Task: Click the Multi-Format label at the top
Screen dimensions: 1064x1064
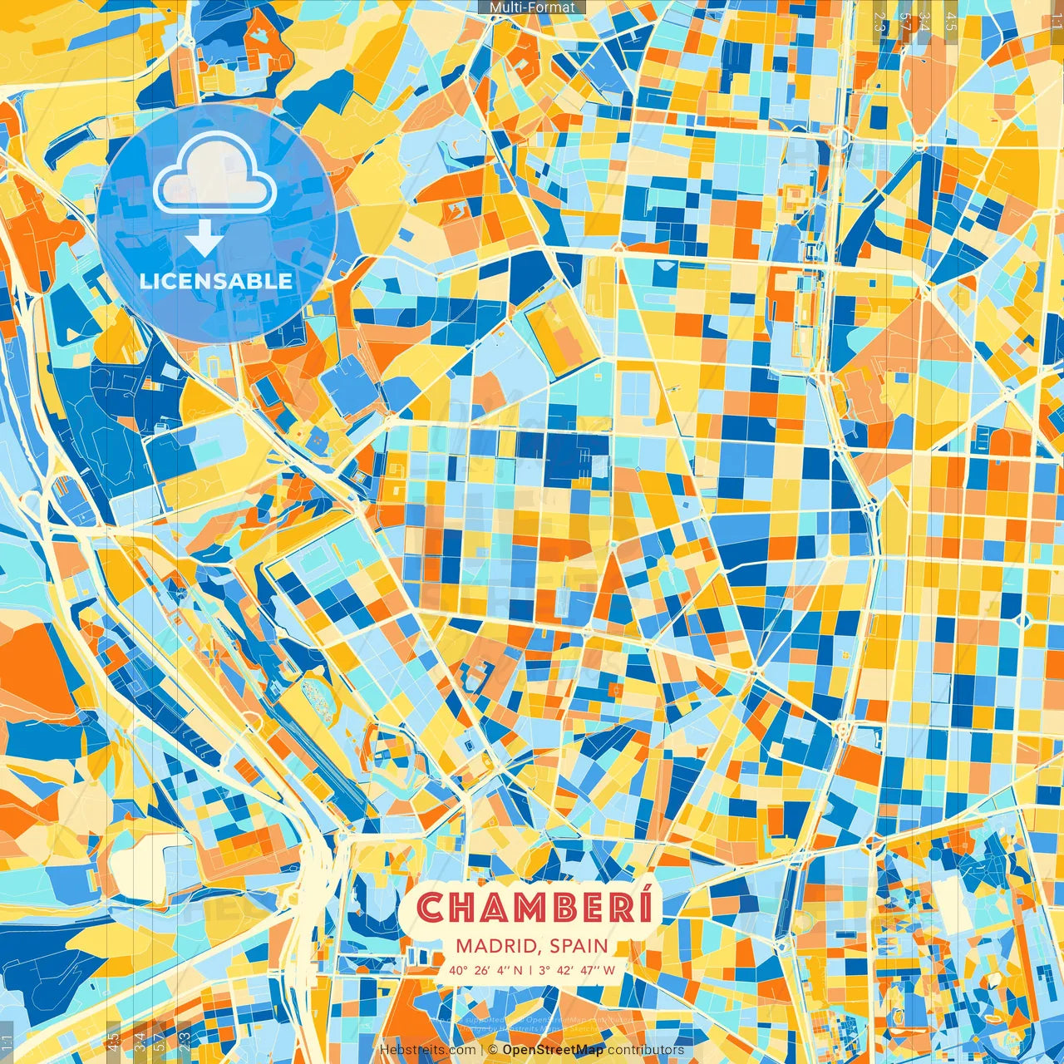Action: point(532,7)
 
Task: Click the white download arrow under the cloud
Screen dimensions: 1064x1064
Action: point(204,239)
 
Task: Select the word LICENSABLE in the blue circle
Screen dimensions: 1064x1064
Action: point(216,281)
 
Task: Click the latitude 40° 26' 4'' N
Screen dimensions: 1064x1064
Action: point(486,970)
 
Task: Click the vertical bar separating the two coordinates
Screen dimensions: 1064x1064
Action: point(530,970)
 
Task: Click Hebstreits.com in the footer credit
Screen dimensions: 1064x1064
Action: point(428,1050)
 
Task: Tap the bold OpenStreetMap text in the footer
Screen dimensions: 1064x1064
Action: point(553,1050)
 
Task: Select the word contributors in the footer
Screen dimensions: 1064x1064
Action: point(646,1050)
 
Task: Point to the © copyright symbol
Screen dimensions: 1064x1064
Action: point(492,1050)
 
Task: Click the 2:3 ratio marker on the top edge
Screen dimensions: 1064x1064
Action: point(880,21)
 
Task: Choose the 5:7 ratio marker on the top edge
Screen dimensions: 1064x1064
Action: point(904,21)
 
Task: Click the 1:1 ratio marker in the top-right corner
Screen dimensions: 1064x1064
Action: point(1056,18)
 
